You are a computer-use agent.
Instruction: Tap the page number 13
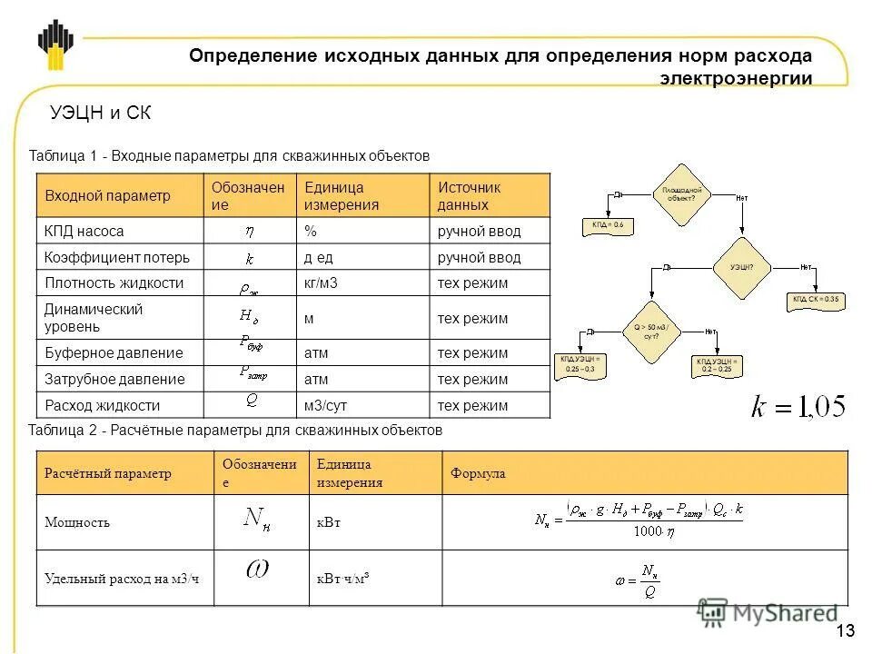845,632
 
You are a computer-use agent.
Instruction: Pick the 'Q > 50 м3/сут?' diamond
650,331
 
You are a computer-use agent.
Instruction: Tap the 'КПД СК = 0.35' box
815,300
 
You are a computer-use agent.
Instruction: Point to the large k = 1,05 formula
798,406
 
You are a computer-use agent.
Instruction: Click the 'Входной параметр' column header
107,196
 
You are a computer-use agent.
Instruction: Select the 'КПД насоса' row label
84,232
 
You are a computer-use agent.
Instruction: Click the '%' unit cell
309,232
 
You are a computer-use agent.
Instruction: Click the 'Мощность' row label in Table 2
77,522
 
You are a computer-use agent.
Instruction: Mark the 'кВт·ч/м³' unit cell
343,578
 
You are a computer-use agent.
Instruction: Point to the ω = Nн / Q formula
636,578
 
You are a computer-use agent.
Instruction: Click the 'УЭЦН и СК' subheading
101,114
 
